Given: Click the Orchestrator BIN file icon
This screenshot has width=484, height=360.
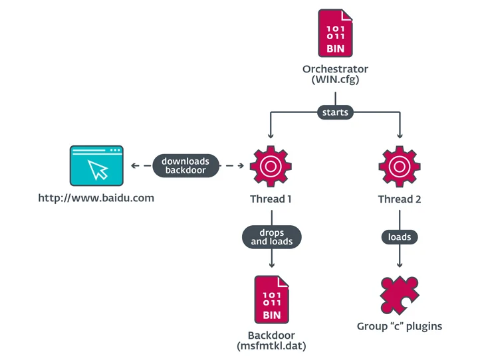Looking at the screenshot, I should (x=335, y=33).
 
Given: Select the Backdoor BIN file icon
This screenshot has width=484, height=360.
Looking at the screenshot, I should (x=271, y=300).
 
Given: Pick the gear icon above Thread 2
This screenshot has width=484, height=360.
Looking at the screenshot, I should (x=400, y=166).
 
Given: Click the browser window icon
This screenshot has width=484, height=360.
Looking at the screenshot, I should (x=96, y=166).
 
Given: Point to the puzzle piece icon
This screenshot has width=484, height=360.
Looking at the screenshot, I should (x=400, y=294).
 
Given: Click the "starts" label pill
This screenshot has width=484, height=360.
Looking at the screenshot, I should (x=335, y=112).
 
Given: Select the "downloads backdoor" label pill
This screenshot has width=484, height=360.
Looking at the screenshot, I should (x=185, y=166).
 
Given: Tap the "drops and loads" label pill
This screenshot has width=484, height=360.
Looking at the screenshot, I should (x=271, y=237).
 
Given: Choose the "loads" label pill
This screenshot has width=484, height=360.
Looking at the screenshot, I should (x=400, y=236).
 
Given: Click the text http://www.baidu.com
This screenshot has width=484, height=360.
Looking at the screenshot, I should (x=96, y=198).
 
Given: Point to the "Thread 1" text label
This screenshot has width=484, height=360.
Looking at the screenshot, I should (x=271, y=199).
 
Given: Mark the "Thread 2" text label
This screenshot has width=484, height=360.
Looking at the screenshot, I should (x=400, y=199).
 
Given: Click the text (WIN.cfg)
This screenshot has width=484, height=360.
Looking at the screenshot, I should (x=335, y=80).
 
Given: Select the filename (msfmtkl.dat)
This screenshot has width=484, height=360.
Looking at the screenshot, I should (x=271, y=346).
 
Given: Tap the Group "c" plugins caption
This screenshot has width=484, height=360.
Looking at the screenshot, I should (x=400, y=326).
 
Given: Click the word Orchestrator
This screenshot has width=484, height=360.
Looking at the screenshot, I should (x=335, y=69).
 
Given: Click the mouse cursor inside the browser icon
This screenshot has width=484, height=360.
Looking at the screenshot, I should (x=98, y=169).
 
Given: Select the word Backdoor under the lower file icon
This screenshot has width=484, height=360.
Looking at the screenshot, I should (x=271, y=335).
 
